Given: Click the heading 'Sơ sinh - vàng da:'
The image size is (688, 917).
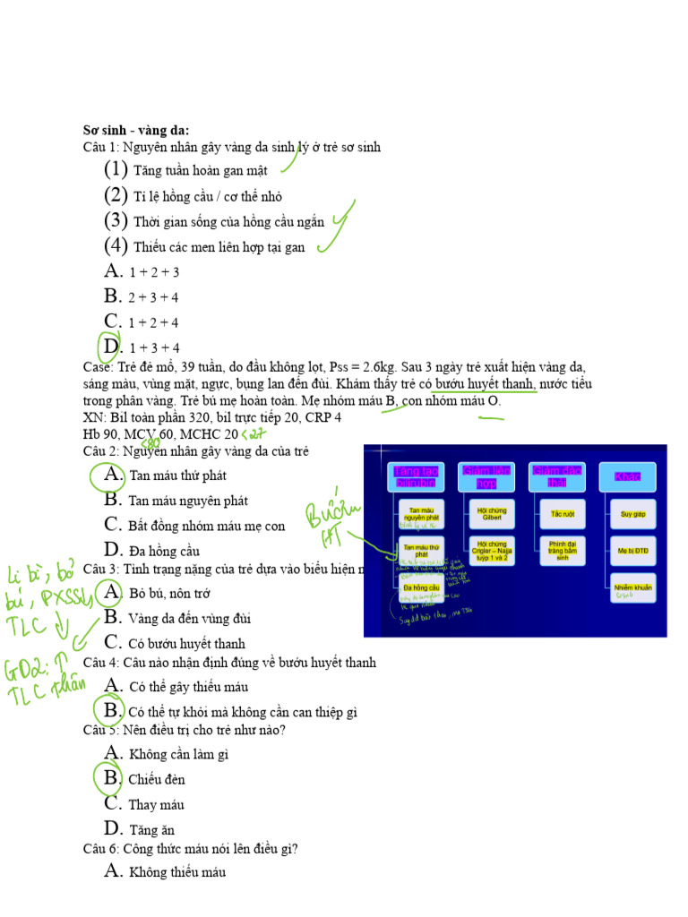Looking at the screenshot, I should [x=136, y=131].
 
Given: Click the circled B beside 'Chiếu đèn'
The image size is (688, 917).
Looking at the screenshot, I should [x=112, y=778].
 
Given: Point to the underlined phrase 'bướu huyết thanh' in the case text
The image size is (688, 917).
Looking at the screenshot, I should [x=486, y=384].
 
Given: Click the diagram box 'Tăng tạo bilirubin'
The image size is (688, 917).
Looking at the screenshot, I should [x=416, y=476].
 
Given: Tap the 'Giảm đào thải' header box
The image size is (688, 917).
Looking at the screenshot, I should [x=556, y=476].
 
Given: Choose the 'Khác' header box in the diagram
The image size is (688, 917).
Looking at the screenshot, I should [x=627, y=476].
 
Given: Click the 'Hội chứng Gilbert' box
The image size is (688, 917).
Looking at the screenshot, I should [x=492, y=514].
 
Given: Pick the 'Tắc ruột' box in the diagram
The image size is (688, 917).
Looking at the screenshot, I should [x=563, y=514].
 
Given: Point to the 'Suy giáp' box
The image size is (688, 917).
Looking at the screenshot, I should [x=632, y=514].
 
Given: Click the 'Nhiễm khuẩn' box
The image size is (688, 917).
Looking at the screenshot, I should [x=632, y=588].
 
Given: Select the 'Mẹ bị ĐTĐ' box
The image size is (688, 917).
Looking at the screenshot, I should [x=632, y=551].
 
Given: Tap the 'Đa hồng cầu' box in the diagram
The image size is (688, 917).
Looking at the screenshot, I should [x=421, y=587].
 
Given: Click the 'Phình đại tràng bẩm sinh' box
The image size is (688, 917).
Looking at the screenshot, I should [x=563, y=550].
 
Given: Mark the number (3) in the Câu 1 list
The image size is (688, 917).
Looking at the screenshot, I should [x=116, y=220].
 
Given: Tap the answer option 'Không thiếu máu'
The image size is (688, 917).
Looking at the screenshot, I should [x=177, y=871].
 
